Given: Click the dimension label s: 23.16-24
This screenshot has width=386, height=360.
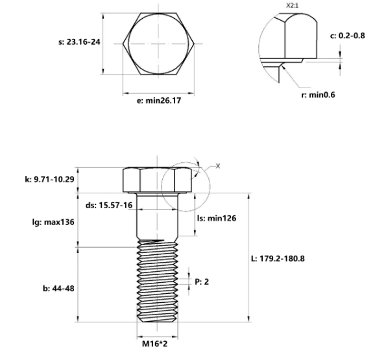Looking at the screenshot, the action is [x=79, y=42].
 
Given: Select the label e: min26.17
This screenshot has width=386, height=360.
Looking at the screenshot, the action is [x=159, y=101].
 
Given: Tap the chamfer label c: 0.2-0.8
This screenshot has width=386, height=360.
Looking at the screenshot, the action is [x=347, y=36].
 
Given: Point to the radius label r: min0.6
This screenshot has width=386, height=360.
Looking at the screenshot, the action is [x=318, y=95].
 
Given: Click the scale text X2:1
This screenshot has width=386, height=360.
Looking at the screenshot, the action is [x=292, y=5].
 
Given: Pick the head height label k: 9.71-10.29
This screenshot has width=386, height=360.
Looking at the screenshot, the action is [x=49, y=179].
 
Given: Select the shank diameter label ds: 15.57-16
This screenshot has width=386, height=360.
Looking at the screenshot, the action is [x=109, y=205].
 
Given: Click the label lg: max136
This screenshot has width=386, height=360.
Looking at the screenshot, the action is [x=53, y=222].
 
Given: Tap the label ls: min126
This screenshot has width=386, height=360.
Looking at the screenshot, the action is [x=217, y=218].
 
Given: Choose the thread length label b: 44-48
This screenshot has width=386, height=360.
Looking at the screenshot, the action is [x=58, y=288].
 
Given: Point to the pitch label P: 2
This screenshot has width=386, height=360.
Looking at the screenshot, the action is [x=202, y=282].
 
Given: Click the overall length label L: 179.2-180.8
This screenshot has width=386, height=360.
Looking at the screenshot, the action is [x=278, y=259].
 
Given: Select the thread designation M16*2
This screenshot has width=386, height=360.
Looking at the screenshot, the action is [x=154, y=344].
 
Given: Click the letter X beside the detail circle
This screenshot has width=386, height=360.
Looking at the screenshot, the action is [x=218, y=166].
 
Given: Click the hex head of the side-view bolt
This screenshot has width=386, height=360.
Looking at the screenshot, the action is [x=157, y=180].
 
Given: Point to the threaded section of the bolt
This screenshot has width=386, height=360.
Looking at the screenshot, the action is [x=157, y=280].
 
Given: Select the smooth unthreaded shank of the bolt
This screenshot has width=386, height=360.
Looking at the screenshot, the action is [x=157, y=216].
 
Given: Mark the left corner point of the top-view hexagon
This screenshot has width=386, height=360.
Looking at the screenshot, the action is [x=123, y=44].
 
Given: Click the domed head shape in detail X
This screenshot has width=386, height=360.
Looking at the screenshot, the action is [x=301, y=36].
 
